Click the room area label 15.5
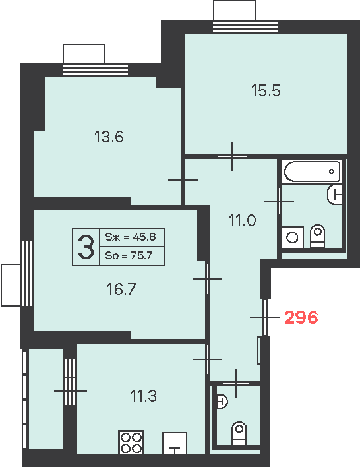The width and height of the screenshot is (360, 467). pos(266,90)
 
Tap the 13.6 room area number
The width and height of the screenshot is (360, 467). pos(109,137)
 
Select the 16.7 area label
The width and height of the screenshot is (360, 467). pos(121,289)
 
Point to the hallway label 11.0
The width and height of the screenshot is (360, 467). pos(243,221)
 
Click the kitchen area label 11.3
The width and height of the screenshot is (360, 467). pos(144,396)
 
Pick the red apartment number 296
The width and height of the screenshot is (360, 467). pos(301,317)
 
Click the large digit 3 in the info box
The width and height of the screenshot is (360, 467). pos(86,247)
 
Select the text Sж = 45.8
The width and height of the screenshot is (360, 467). pos(131,237)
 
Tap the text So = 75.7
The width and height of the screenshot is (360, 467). pos(129,255)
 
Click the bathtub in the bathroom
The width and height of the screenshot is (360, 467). pos(312,171)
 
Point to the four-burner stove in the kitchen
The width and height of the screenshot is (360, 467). pos(131,443)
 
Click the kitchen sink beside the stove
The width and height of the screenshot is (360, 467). pos(175,443)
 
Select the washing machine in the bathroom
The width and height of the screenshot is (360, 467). pos(292,237)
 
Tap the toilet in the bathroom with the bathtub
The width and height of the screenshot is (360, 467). pos(317,236)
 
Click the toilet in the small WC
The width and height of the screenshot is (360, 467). pos(239,433)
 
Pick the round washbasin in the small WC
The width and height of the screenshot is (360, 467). pos(222,402)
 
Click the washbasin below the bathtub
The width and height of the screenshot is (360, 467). pos(335,195)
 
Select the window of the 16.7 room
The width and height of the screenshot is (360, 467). pos(27,274)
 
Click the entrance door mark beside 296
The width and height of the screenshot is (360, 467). pos(264,317)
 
